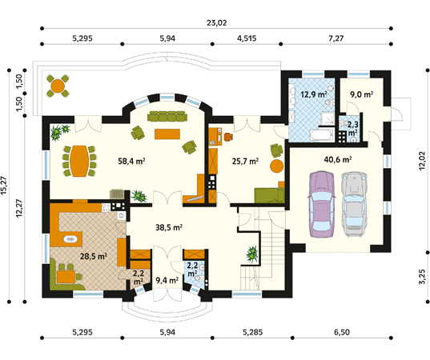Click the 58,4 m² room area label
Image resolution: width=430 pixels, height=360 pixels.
(131, 161)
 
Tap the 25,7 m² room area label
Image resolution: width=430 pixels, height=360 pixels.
(245, 161)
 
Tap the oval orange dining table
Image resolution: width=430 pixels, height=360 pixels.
(78, 161)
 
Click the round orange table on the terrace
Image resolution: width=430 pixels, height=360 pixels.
(58, 82)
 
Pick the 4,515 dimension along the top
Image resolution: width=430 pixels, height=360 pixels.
(250, 38)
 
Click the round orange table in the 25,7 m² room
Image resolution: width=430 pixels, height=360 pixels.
(275, 166)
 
